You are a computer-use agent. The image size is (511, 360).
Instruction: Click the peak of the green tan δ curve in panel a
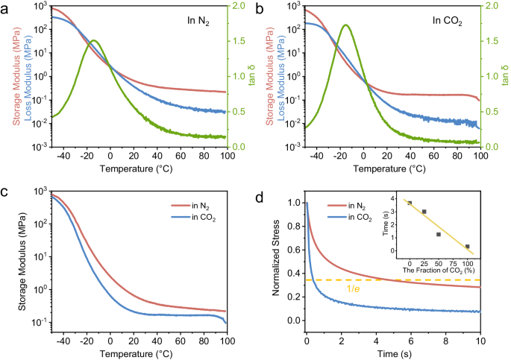pos(94,40)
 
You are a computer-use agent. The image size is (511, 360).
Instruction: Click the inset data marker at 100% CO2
pos(467,246)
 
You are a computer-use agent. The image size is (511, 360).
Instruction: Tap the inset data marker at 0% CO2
pos(410,203)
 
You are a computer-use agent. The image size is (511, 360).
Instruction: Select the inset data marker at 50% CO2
pos(439,234)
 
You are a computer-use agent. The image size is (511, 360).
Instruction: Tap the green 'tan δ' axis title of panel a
pos(504,77)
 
